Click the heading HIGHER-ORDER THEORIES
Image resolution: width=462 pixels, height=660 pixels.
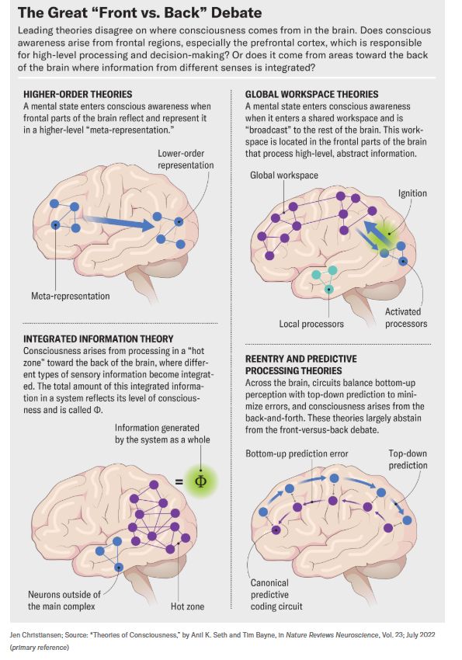pos(78,94)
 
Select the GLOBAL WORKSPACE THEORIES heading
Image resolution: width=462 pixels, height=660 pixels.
pos(312,94)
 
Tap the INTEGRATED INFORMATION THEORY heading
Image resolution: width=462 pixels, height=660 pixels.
pos(99,339)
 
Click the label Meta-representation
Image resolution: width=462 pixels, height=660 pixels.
pos(70,296)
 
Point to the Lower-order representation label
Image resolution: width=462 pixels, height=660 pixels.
pos(186,159)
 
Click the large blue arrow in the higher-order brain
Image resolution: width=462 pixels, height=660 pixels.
pos(119,222)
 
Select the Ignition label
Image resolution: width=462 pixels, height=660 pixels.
pos(412,193)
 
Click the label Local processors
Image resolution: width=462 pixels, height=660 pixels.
pos(311,324)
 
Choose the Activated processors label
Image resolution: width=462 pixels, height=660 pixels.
pos(406,318)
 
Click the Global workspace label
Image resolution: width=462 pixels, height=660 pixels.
pos(284,175)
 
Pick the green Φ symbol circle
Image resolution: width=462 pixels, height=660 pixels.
pos(201,481)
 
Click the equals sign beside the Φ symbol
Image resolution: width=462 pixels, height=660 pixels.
pos(179,481)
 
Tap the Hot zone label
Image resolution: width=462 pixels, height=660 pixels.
pos(187,606)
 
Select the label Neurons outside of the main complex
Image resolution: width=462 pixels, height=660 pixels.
pos(64,600)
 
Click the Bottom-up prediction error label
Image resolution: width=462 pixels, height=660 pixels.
pos(297,453)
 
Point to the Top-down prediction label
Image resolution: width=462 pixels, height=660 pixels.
pos(408,459)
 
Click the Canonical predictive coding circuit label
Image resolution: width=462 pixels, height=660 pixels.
pos(276,594)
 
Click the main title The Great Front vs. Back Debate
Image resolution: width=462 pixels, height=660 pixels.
pos(140,12)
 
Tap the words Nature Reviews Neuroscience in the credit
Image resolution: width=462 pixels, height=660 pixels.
pos(332,634)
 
